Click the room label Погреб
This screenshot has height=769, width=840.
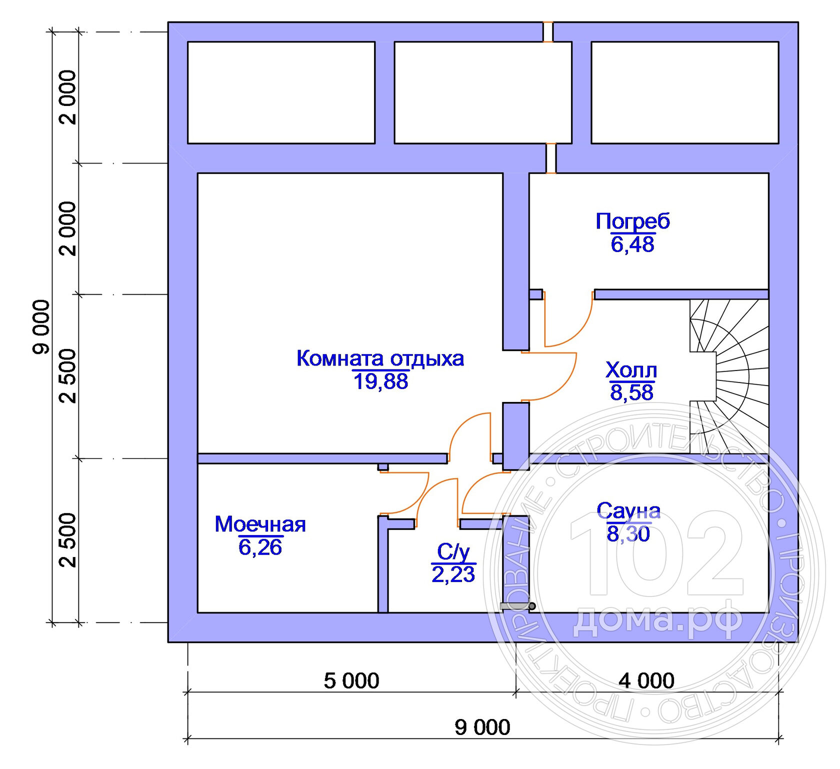[632, 222]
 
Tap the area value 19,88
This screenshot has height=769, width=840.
[381, 381]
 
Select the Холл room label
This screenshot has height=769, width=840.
[631, 370]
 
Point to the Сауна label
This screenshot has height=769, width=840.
[628, 511]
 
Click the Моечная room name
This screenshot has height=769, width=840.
[260, 524]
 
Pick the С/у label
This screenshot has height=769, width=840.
[453, 552]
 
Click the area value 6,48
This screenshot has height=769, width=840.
[632, 244]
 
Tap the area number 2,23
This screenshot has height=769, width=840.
[453, 575]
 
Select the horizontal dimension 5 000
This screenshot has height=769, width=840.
[351, 681]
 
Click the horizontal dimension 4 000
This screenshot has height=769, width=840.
[646, 681]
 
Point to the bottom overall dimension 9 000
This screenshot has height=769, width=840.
[482, 727]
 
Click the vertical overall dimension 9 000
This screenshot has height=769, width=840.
[41, 327]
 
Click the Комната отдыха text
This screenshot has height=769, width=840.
[380, 359]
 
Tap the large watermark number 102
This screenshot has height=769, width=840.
[656, 553]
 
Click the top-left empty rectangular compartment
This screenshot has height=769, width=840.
[281, 92]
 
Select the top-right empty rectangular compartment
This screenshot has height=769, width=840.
[685, 92]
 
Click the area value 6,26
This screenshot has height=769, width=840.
[260, 547]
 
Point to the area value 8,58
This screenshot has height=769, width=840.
[631, 392]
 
